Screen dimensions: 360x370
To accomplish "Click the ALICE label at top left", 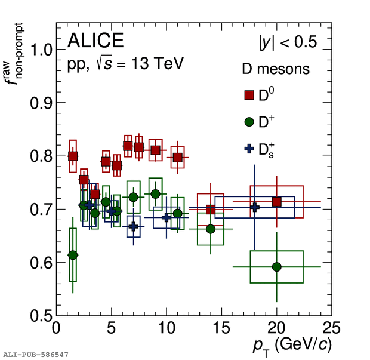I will click(x=95, y=41).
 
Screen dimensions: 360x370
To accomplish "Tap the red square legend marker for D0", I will click(x=249, y=96).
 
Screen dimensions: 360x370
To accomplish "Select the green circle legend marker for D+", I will click(x=249, y=122).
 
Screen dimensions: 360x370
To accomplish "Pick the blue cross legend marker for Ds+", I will click(x=249, y=149).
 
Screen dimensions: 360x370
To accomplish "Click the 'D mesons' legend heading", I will click(x=275, y=69).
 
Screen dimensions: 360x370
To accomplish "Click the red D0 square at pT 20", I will click(x=276, y=202).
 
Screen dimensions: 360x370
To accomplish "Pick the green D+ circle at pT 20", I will click(x=276, y=267).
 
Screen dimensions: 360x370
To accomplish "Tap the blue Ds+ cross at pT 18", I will click(x=255, y=207).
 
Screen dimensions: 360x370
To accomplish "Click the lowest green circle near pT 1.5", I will click(x=73, y=255).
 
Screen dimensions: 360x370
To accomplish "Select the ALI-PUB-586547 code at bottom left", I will click(x=35, y=355).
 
